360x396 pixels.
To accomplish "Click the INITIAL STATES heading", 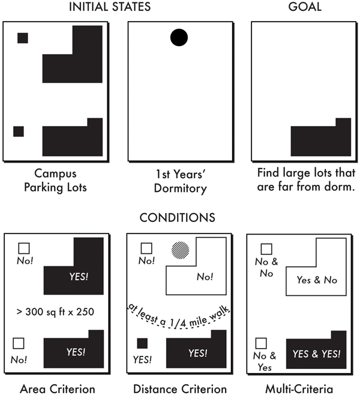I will (118, 8).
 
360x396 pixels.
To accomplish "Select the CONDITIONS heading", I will (178, 217).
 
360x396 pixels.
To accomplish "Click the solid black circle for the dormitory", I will (179, 38).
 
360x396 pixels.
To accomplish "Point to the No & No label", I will (266, 268).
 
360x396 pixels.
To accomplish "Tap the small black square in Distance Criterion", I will (142, 344).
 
